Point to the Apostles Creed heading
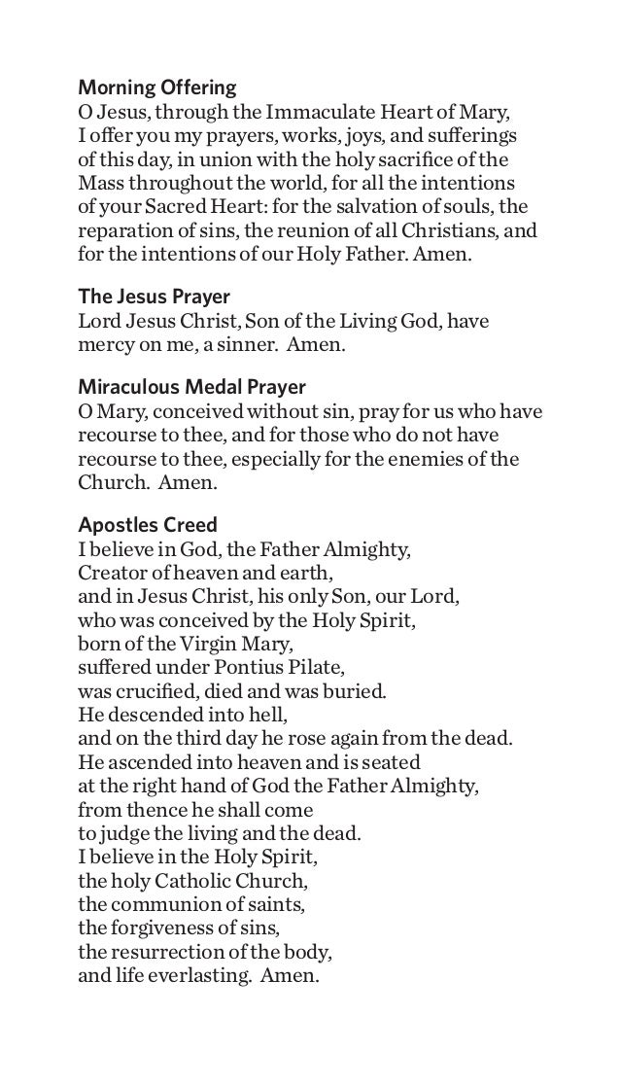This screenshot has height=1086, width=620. (147, 526)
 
